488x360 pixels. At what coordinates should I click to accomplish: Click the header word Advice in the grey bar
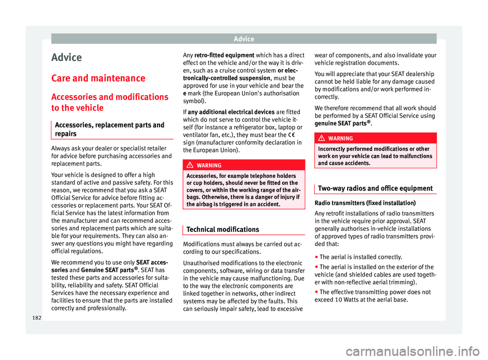(x=243, y=39)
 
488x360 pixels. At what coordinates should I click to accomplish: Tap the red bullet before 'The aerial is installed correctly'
(x=316, y=257)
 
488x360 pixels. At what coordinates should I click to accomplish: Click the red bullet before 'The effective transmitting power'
(x=316, y=293)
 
